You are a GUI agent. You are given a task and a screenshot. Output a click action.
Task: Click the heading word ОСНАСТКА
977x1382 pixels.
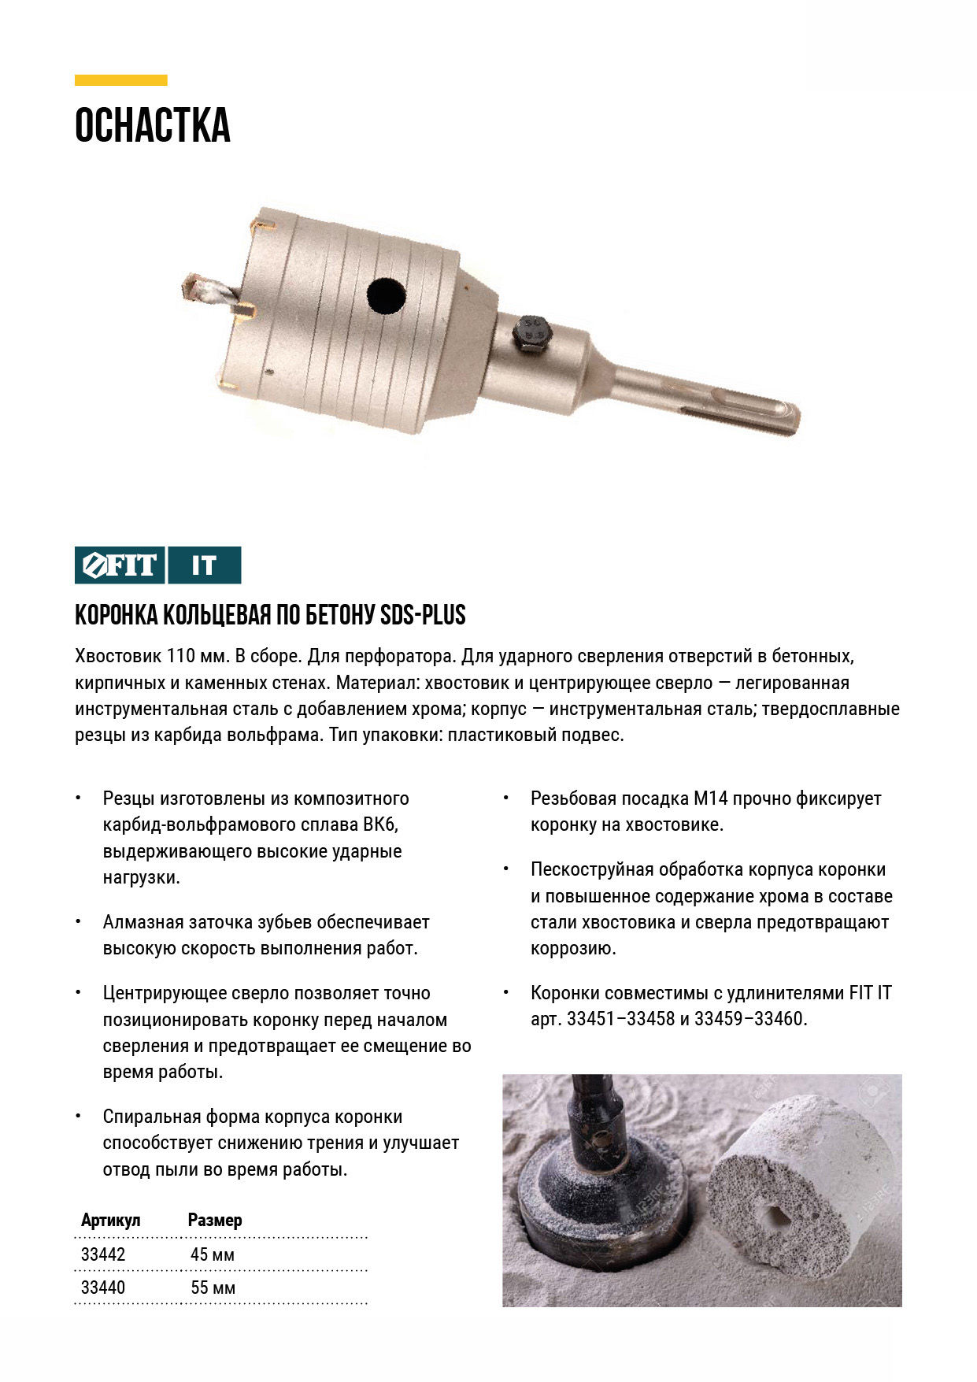(x=152, y=126)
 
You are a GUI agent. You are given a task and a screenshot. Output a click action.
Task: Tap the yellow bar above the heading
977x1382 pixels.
(x=120, y=80)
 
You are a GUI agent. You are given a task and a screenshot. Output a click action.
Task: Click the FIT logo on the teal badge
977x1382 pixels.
(x=120, y=565)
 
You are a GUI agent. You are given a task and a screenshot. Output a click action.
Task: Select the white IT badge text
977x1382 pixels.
(x=204, y=565)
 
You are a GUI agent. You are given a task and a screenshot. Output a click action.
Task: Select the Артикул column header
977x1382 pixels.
(x=110, y=1220)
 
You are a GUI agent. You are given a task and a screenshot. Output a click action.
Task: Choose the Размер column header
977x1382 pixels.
(x=215, y=1220)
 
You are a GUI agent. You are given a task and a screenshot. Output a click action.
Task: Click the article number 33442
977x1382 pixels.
(x=103, y=1254)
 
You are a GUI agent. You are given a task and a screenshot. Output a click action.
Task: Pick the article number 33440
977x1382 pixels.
(x=103, y=1288)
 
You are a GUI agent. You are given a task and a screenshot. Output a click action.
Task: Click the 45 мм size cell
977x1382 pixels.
(x=213, y=1254)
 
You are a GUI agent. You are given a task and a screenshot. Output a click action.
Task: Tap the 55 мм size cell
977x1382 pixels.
(x=213, y=1288)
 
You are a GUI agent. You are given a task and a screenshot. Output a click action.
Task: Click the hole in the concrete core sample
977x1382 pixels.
(x=775, y=1218)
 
